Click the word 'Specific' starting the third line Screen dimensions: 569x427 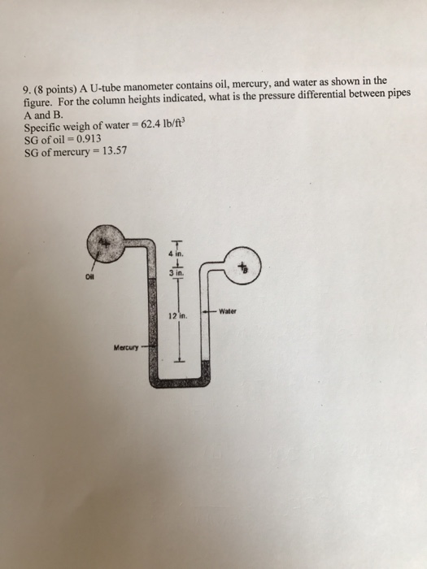(x=44, y=128)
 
